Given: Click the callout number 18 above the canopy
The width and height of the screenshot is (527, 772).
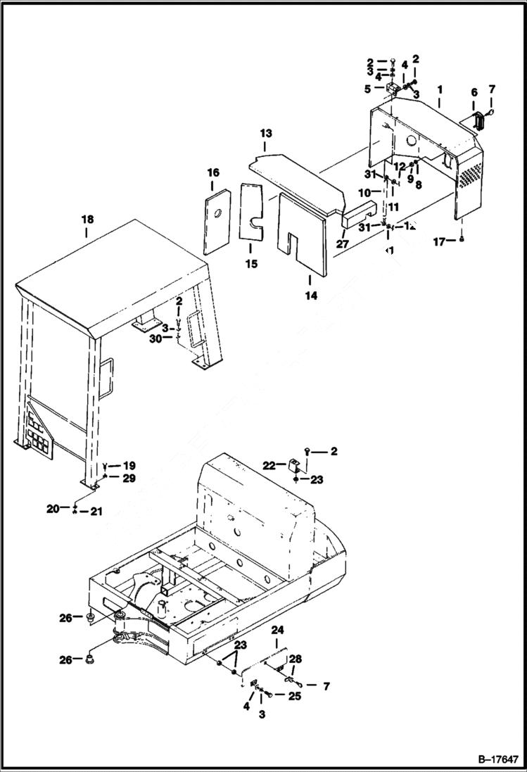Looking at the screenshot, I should pyautogui.click(x=87, y=220).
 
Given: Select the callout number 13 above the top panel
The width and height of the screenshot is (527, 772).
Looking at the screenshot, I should pyautogui.click(x=265, y=133).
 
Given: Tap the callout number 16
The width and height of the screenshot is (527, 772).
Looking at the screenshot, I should pyautogui.click(x=212, y=172).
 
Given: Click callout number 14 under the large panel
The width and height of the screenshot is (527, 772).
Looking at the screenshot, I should pyautogui.click(x=310, y=296).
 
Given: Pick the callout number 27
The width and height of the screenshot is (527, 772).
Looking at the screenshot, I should pyautogui.click(x=343, y=244).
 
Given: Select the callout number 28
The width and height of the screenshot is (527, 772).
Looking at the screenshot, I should pyautogui.click(x=294, y=658).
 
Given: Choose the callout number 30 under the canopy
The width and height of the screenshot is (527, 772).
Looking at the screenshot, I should pyautogui.click(x=157, y=338).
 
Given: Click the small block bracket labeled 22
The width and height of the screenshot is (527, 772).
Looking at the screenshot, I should pyautogui.click(x=295, y=465).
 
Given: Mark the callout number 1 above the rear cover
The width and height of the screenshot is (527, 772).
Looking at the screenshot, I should pyautogui.click(x=439, y=90).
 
